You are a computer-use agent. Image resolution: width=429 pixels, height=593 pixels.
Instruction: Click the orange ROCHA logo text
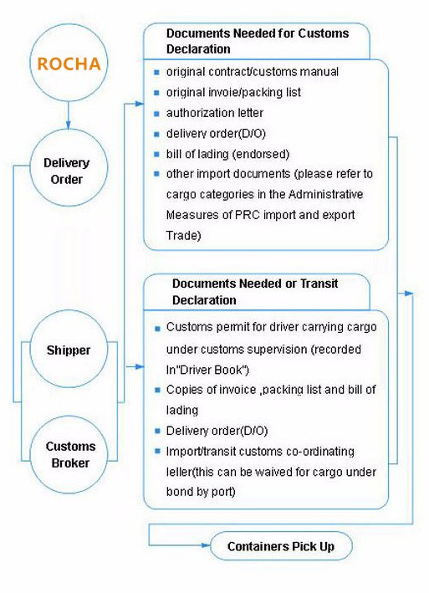[69, 64]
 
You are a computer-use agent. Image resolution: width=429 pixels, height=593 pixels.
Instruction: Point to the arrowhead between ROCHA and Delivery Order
[69, 125]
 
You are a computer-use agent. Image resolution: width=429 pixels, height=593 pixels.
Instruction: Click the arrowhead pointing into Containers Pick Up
[206, 545]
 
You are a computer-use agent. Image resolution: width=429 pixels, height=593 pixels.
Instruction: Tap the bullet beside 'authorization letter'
[157, 113]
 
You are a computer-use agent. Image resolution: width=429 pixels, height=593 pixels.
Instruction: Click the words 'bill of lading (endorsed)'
[227, 154]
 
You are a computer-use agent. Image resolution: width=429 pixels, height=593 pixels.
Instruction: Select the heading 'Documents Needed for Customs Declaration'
[258, 41]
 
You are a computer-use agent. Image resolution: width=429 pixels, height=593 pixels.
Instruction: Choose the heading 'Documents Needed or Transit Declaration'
[255, 292]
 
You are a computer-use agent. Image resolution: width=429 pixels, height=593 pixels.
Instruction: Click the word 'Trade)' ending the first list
[183, 235]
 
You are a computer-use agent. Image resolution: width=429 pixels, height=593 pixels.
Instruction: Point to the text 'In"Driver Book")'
[207, 370]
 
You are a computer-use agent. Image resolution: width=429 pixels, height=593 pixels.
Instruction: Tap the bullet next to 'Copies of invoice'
[157, 390]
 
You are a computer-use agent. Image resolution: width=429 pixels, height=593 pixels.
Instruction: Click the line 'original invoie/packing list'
[233, 92]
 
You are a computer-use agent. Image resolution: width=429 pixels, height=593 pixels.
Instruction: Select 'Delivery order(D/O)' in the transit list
[217, 431]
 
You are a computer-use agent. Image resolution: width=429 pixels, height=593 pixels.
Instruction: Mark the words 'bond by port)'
[201, 491]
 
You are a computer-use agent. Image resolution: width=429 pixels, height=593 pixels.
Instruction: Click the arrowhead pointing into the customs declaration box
[140, 104]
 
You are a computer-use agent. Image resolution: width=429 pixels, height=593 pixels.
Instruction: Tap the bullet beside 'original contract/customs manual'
[157, 72]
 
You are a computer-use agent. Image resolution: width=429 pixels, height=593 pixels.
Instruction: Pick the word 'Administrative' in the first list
[325, 194]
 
